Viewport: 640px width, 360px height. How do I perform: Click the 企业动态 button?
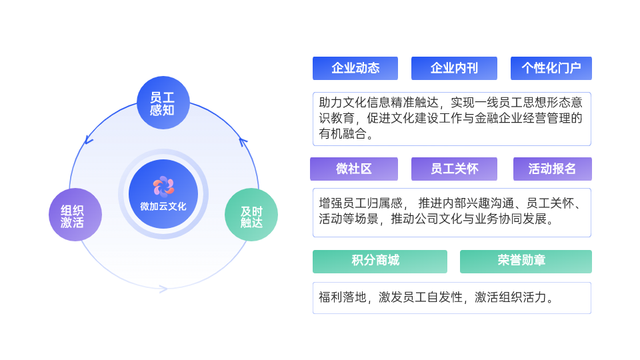pos(355,68)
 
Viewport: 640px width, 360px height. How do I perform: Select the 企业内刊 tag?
pos(454,68)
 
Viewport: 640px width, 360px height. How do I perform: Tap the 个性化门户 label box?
pos(551,68)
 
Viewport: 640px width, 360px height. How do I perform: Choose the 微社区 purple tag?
pos(354,169)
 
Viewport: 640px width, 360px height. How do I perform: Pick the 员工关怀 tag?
pos(454,169)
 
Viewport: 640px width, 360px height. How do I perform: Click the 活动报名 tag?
pos(552,169)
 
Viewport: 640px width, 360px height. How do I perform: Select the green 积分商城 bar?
pos(380,261)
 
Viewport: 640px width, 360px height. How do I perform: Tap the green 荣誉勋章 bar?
pos(525,261)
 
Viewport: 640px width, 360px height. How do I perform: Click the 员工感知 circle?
pos(163,103)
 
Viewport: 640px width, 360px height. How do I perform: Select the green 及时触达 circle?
pos(251,215)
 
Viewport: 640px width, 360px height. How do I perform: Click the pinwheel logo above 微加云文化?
pos(163,186)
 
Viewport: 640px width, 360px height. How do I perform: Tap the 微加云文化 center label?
pos(163,207)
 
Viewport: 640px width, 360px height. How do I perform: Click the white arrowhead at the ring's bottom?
pos(163,289)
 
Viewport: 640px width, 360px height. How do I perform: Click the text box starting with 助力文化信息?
pos(451,119)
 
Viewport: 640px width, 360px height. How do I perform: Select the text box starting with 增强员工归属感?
pos(451,212)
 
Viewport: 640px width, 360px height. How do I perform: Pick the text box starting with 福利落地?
pos(451,298)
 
